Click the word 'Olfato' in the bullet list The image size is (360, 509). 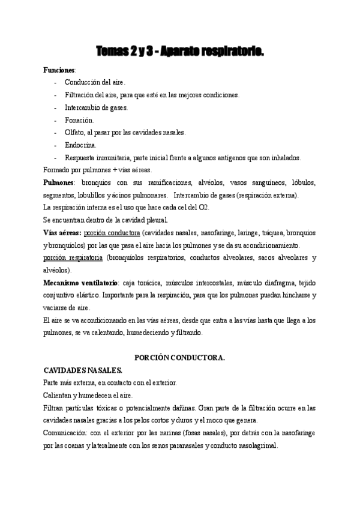pos(74,132)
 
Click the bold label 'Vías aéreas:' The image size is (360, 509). pos(62,232)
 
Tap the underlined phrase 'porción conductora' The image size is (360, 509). pos(112,232)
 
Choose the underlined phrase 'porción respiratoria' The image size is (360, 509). pos(73,258)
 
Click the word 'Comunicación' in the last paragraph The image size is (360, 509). pos(65,433)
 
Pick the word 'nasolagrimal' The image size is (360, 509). pos(257,445)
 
